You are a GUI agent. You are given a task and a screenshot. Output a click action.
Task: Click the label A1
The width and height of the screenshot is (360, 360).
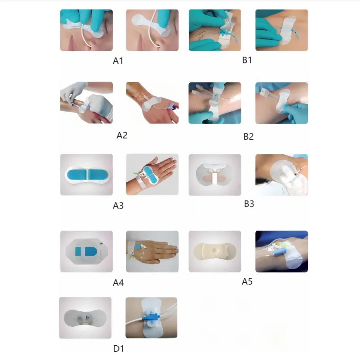[118, 61]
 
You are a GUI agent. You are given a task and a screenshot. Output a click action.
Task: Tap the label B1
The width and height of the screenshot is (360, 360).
[247, 60]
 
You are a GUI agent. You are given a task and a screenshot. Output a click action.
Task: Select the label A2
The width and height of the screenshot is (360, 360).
[122, 135]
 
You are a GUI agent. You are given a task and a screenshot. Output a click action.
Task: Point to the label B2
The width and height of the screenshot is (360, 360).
[249, 137]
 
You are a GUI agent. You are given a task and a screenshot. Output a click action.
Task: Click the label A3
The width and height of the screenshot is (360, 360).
[118, 206]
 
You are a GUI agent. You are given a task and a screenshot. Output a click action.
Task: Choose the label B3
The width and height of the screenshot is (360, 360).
[249, 204]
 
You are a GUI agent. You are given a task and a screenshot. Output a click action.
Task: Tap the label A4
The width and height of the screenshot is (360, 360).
[118, 283]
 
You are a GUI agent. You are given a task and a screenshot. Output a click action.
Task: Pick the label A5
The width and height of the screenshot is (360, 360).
[247, 281]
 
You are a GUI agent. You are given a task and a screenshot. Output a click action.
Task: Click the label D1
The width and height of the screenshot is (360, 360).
[119, 349]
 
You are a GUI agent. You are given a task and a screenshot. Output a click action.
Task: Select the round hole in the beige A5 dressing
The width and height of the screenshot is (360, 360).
[215, 251]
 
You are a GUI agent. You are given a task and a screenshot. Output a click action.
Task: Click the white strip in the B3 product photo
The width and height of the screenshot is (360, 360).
[215, 179]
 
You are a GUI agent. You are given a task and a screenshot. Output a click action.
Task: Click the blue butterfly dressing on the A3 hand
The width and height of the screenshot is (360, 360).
[150, 175]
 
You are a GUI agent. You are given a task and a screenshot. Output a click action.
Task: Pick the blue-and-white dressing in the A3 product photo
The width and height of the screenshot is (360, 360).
[86, 175]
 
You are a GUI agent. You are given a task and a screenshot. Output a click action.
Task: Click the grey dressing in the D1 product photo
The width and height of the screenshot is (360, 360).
[85, 318]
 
